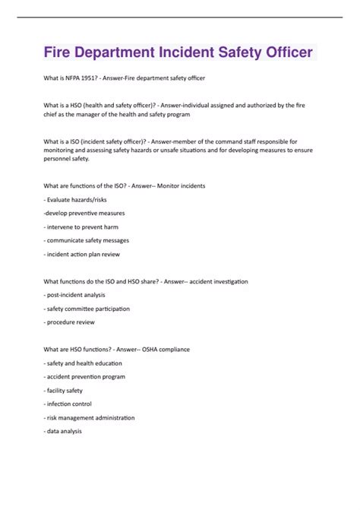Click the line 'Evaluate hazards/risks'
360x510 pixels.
(79, 199)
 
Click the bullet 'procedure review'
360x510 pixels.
(71, 322)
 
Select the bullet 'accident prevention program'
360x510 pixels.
(84, 377)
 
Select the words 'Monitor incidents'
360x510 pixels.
(179, 185)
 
